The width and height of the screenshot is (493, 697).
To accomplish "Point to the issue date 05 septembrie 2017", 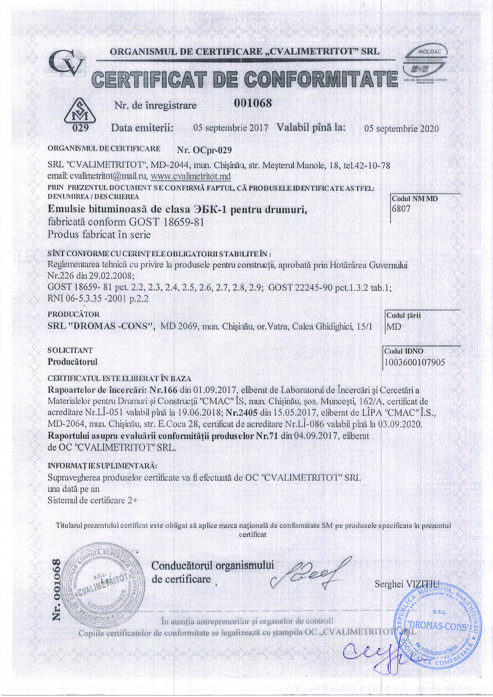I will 231,128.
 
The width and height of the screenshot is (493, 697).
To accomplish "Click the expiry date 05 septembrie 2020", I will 401,129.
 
